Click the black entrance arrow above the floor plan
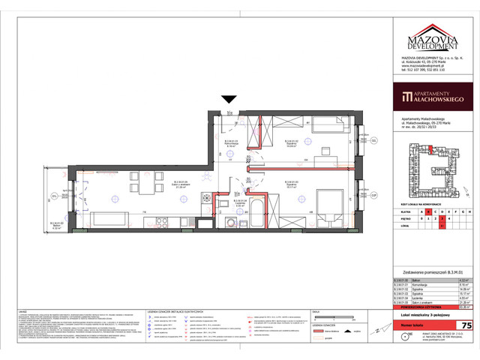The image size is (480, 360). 229,98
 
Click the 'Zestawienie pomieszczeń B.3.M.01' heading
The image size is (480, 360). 429,272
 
